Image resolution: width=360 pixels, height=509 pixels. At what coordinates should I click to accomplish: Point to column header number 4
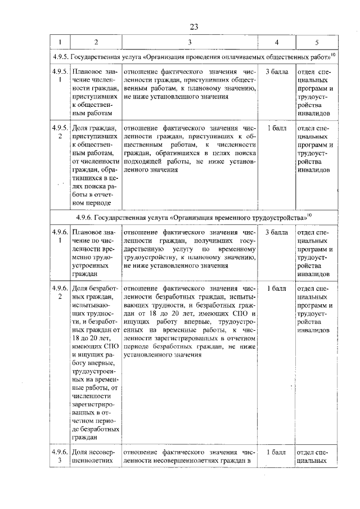coord(276,43)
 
